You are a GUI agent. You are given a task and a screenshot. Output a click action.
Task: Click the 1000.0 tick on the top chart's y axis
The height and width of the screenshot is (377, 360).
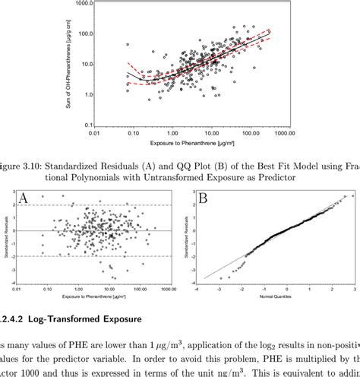click(x=106, y=3)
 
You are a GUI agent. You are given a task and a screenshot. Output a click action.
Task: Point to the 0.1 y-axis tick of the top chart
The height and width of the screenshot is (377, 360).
click(x=110, y=124)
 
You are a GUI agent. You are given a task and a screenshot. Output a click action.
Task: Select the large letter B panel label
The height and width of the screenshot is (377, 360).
click(x=204, y=199)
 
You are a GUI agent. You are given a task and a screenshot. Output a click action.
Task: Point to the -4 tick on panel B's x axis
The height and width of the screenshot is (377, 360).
click(x=196, y=290)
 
